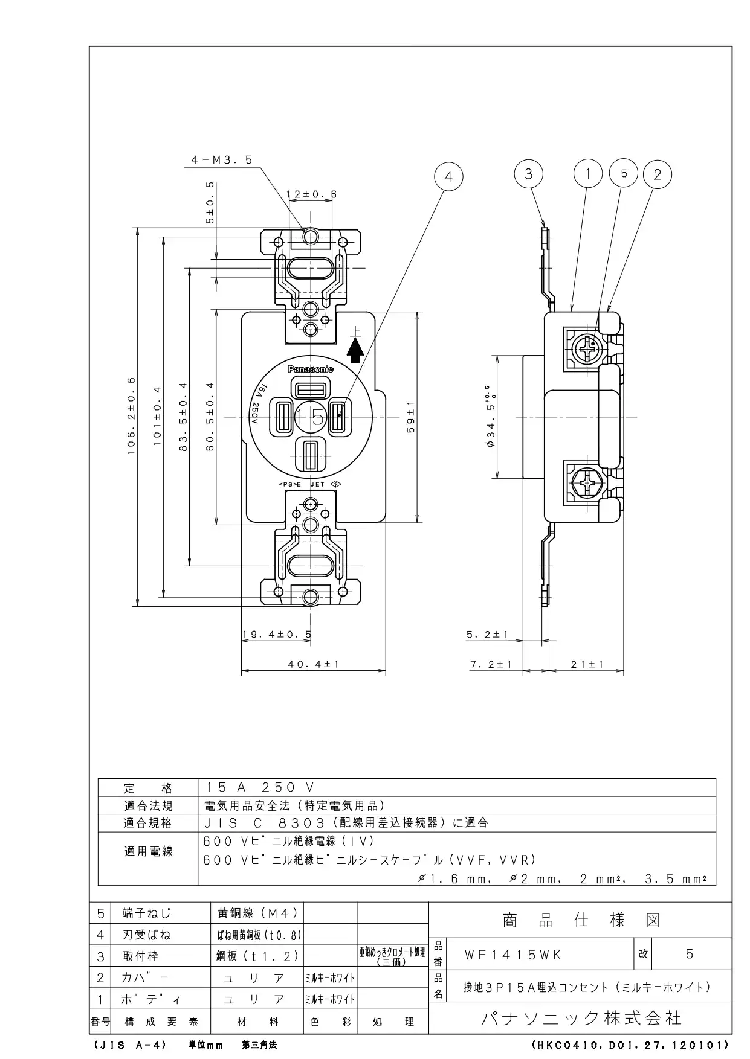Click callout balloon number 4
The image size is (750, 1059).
pyautogui.click(x=448, y=177)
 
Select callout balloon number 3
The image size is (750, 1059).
pyautogui.click(x=529, y=174)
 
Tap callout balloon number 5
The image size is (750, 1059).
pyautogui.click(x=624, y=173)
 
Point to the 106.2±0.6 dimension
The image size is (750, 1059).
pyautogui.click(x=131, y=417)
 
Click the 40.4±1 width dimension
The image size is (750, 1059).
pyautogui.click(x=314, y=664)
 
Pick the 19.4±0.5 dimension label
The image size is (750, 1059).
pyautogui.click(x=276, y=634)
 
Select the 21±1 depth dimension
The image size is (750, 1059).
pyautogui.click(x=587, y=664)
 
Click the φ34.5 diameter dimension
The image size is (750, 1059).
pyautogui.click(x=491, y=417)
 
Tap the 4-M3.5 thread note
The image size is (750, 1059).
pyautogui.click(x=221, y=160)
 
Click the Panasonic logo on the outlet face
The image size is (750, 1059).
pyautogui.click(x=310, y=369)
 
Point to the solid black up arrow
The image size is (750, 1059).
pyautogui.click(x=355, y=350)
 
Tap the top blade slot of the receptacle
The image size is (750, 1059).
pyautogui.click(x=311, y=387)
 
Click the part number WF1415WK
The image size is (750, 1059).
pyautogui.click(x=512, y=955)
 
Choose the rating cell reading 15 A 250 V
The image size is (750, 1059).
pyautogui.click(x=260, y=787)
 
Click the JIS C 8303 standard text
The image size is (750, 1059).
pyautogui.click(x=346, y=822)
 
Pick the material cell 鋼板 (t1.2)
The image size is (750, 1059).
pyautogui.click(x=257, y=956)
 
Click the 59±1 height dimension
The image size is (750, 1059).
pyautogui.click(x=410, y=417)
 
